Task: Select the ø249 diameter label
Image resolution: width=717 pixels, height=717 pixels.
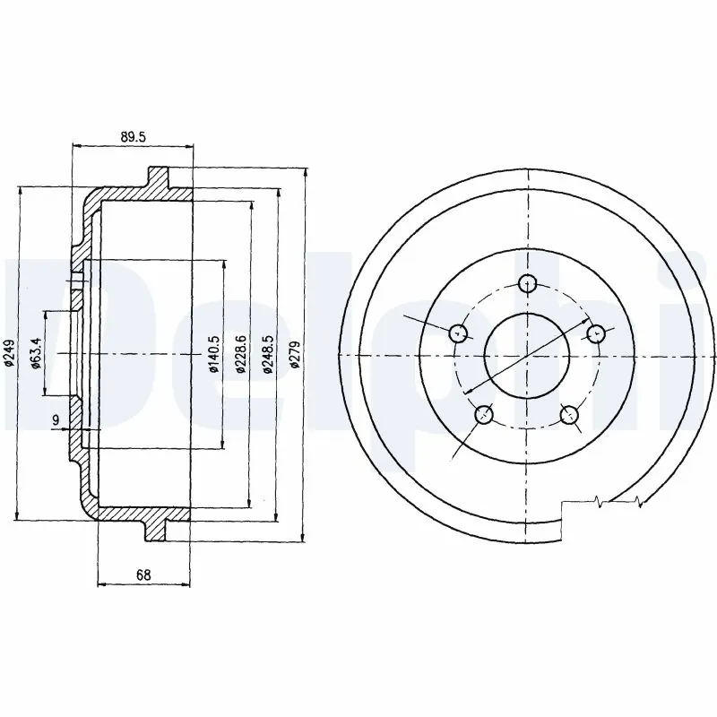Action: click(8, 355)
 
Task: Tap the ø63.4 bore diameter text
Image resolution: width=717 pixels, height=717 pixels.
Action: click(35, 353)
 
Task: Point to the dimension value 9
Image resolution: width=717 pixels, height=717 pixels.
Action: click(56, 419)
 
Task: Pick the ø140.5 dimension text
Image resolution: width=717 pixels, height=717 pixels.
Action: click(212, 355)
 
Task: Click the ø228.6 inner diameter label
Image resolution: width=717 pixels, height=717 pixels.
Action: click(240, 355)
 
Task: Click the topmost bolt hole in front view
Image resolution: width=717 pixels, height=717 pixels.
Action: click(529, 283)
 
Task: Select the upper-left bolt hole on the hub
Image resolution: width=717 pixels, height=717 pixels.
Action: click(459, 333)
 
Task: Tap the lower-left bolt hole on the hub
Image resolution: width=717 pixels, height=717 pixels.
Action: click(485, 414)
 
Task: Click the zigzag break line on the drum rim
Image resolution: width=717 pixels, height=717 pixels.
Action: click(618, 502)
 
